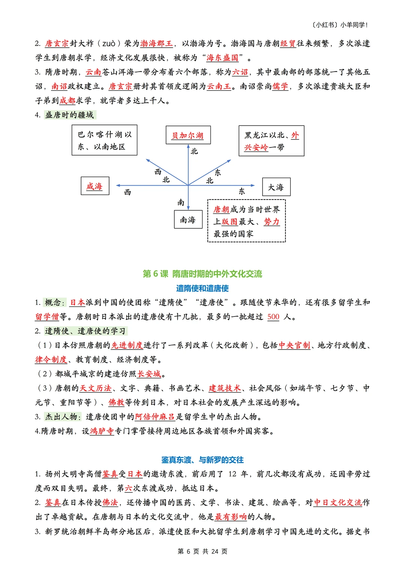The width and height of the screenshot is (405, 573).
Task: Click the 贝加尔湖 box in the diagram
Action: click(188, 135)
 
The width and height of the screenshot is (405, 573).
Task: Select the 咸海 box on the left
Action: click(95, 186)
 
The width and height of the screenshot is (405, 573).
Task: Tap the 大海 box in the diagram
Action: click(276, 187)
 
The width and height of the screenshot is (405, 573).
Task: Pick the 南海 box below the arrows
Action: click(188, 219)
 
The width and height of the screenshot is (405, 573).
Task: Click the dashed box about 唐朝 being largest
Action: click(246, 221)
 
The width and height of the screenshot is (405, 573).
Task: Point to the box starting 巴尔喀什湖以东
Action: click(104, 140)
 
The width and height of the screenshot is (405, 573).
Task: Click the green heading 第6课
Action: click(202, 274)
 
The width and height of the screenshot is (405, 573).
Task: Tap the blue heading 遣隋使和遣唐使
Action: click(202, 288)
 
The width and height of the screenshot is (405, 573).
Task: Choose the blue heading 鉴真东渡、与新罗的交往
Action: click(202, 460)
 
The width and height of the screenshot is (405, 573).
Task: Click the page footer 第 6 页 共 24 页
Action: click(202, 551)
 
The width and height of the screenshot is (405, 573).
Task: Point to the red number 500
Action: click(273, 317)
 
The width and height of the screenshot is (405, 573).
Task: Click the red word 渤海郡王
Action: click(156, 43)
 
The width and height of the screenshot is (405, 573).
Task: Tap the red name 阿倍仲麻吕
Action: click(155, 417)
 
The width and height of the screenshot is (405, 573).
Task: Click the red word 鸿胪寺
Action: click(102, 431)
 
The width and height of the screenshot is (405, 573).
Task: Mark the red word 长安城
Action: click(149, 374)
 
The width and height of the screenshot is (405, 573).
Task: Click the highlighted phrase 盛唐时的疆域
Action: click(69, 115)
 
